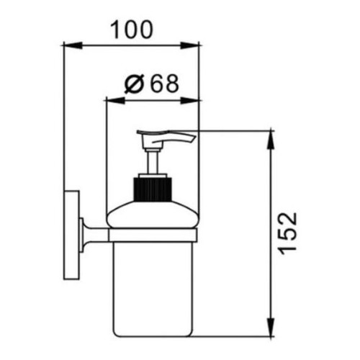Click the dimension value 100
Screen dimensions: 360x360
coord(131,30)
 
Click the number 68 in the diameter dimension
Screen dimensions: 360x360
coord(166,84)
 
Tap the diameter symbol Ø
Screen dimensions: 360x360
coord(134,84)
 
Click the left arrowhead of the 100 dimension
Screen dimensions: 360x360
coord(73,45)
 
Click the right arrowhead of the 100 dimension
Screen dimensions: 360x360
coord(190,45)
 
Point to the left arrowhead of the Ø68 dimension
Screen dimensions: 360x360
coord(115,101)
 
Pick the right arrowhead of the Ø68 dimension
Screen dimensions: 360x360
coord(190,101)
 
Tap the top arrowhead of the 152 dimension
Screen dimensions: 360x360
coord(271,140)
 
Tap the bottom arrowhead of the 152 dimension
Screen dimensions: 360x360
coord(271,327)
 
